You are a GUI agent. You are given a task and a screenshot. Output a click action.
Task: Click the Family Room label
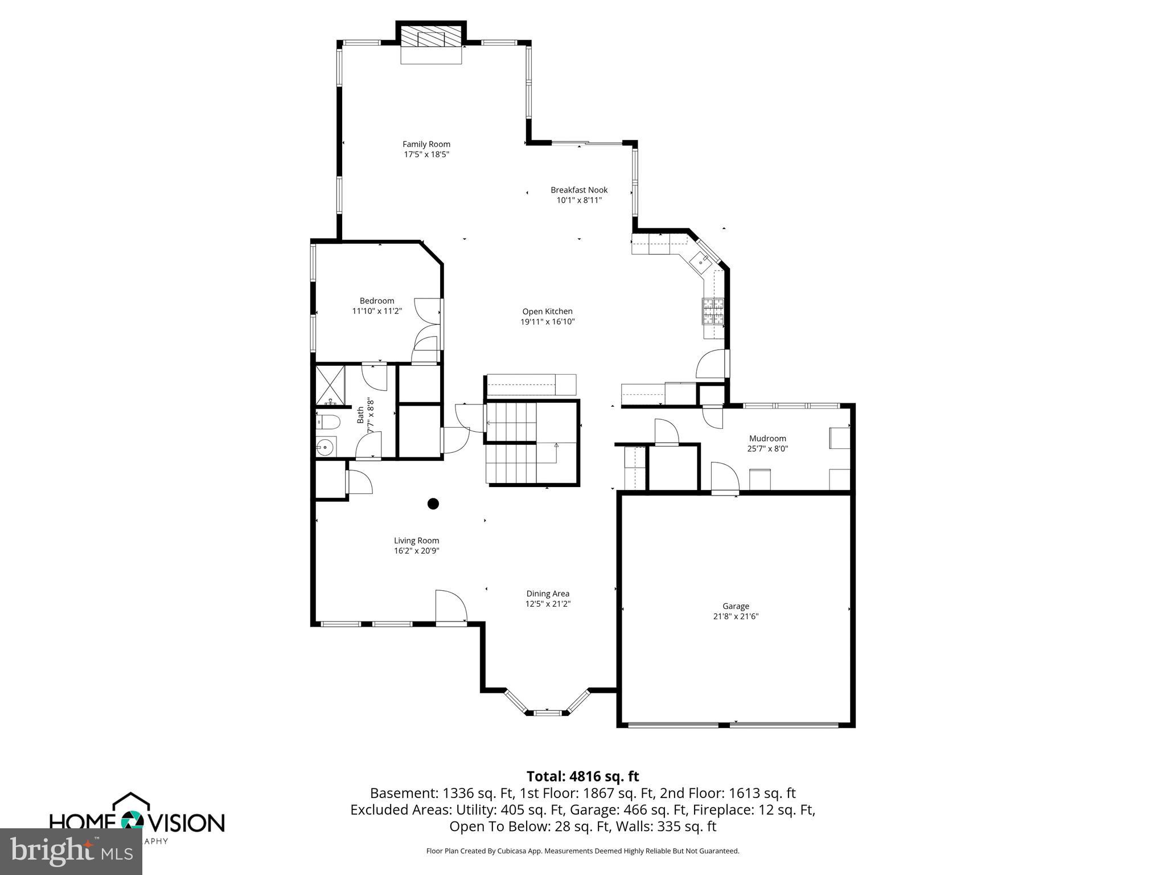426,144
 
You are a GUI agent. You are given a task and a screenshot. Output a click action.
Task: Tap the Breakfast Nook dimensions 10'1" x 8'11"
578,200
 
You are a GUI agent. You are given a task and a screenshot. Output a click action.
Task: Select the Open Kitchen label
547,311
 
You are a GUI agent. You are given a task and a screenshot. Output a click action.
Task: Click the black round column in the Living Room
433,504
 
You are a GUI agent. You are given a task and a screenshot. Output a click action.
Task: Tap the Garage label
736,606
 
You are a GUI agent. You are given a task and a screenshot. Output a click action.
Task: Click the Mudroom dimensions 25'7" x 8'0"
767,448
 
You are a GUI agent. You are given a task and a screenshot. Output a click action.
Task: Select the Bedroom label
376,301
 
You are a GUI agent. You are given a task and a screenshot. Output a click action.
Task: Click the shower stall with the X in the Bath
330,386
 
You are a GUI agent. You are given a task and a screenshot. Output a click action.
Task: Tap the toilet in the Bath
328,422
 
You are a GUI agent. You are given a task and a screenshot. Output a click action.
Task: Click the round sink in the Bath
326,447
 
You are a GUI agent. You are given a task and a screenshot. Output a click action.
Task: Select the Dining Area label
547,594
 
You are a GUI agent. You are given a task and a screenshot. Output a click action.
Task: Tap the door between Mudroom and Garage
724,479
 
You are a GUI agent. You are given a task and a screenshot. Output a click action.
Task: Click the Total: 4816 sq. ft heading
582,776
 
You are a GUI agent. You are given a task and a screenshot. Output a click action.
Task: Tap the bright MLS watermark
71,851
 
